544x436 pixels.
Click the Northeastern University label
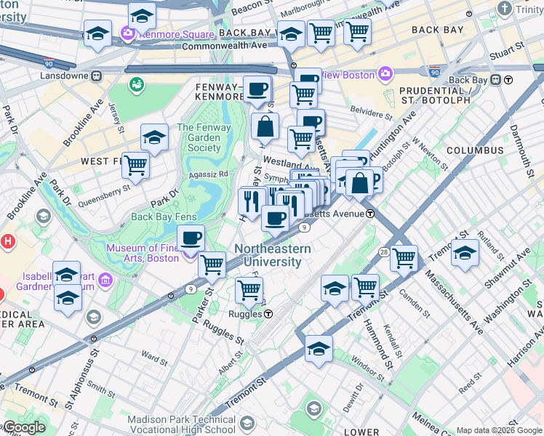pos(272,255)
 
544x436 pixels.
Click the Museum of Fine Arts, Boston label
pos(143,253)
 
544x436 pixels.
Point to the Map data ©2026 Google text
pos(499,430)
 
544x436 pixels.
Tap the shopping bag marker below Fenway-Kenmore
pos(265,126)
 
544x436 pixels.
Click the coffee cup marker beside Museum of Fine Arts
pos(191,238)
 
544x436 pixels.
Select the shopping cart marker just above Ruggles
pos(249,290)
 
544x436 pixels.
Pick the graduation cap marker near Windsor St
pos(319,349)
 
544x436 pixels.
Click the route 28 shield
pos(383,251)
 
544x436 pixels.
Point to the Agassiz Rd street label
pos(209,174)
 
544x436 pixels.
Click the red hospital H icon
pos(7,241)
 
